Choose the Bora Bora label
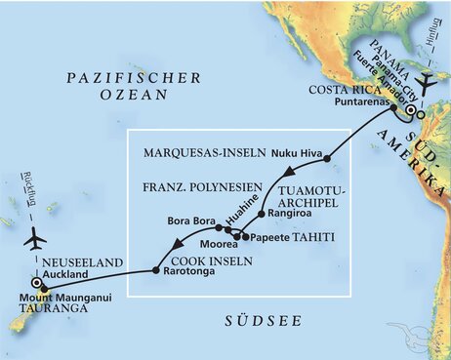pos(190,220)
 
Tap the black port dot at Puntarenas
pos(393,109)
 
